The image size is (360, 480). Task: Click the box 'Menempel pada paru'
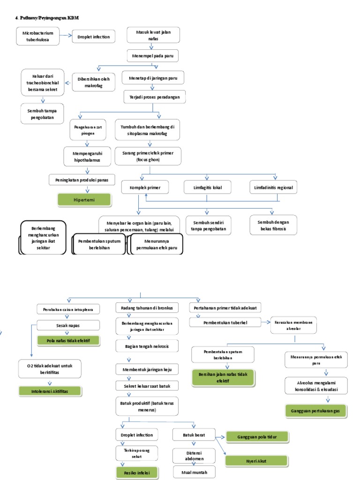pos(153,55)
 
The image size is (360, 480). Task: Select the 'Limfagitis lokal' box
pos(207,187)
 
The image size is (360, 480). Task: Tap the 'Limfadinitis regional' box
pos(273,187)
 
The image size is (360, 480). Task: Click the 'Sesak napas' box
pos(68,325)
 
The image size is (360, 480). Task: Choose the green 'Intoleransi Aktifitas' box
pos(50,390)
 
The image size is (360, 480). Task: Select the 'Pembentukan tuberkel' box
pos(225,323)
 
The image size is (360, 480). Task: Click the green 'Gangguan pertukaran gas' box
pos(315,411)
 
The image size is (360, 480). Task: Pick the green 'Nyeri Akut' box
pos(256,461)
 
